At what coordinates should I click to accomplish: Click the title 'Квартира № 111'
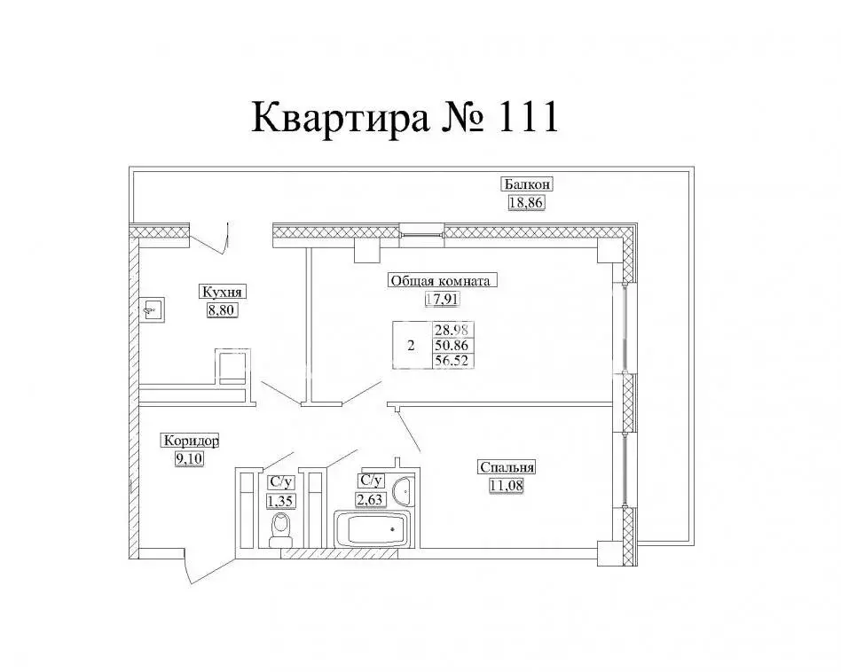405,118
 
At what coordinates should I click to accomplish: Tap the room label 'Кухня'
222,293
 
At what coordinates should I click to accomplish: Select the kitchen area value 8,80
222,310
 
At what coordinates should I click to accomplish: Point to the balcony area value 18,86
524,202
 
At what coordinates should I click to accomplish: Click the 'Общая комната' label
440,281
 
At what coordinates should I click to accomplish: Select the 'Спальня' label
507,467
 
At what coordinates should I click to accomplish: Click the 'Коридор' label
190,441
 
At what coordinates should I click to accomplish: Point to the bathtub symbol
372,530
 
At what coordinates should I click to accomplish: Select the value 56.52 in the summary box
453,360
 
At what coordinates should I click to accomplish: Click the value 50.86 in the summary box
453,345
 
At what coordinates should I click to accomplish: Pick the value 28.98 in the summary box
453,330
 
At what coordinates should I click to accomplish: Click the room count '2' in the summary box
410,346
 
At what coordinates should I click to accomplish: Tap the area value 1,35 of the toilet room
280,500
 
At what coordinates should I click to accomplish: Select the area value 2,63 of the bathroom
370,498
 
